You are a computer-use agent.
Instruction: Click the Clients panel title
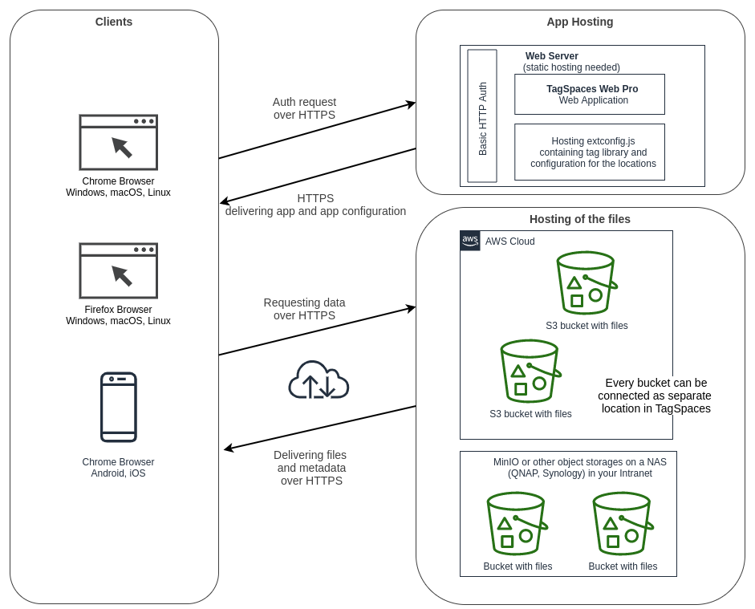click(114, 22)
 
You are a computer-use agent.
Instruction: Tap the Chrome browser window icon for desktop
click(118, 142)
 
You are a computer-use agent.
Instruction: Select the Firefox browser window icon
click(118, 270)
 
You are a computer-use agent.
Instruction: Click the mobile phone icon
click(118, 407)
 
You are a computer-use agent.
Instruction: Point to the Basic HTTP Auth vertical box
click(482, 116)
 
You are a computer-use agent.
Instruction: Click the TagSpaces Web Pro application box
click(590, 95)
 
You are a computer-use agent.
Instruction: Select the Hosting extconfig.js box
click(590, 152)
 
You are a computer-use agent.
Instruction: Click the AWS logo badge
click(470, 241)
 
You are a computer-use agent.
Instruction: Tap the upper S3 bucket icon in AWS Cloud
click(587, 282)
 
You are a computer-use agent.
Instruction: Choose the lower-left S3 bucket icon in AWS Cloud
click(530, 371)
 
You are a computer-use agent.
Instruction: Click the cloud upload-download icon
click(319, 380)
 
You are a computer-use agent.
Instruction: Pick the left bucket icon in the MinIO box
click(517, 523)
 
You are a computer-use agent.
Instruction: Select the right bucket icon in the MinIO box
click(623, 523)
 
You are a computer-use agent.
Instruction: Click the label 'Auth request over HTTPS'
click(304, 108)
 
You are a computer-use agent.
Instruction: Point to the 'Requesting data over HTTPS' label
click(304, 309)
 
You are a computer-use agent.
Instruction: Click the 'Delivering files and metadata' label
click(311, 468)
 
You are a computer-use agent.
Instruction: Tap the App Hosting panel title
click(580, 22)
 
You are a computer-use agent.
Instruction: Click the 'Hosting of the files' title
click(580, 219)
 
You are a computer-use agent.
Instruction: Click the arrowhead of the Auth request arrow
click(412, 104)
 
